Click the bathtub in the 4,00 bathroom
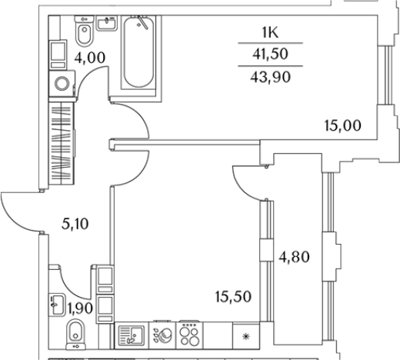(x=138, y=52)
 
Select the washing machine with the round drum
(x=62, y=84)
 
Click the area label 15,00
(x=343, y=125)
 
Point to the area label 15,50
(x=233, y=297)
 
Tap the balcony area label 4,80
(x=294, y=257)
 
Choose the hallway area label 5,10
(x=75, y=224)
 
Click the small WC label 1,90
(x=80, y=308)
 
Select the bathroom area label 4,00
(x=90, y=58)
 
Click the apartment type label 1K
(x=270, y=33)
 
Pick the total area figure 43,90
(x=271, y=77)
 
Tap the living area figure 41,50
(x=271, y=54)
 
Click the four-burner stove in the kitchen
(x=189, y=335)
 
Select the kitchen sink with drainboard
(x=132, y=335)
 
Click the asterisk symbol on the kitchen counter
(x=246, y=336)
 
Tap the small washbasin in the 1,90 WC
(x=57, y=305)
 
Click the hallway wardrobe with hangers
(x=62, y=143)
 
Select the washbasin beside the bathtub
(x=107, y=23)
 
